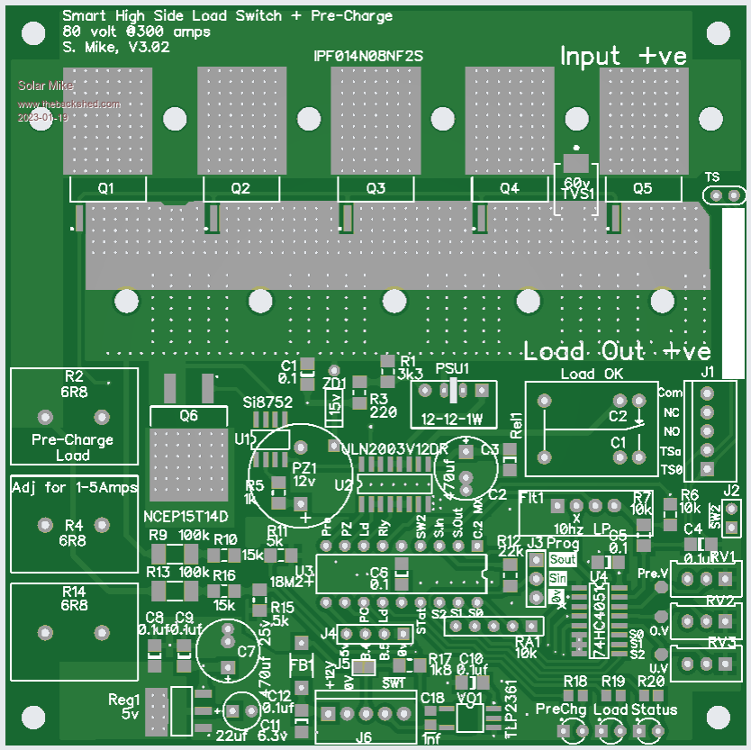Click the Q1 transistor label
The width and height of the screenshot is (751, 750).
pyautogui.click(x=106, y=188)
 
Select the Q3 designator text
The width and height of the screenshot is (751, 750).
pyautogui.click(x=376, y=188)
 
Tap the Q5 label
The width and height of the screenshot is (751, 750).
pyautogui.click(x=642, y=188)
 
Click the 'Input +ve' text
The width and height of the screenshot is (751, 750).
pyautogui.click(x=623, y=56)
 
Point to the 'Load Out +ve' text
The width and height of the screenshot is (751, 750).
pyautogui.click(x=617, y=350)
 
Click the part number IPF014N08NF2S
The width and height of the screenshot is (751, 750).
pyautogui.click(x=368, y=56)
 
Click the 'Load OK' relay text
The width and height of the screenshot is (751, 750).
pyautogui.click(x=592, y=374)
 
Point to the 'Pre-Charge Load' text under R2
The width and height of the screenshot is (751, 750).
pyautogui.click(x=73, y=447)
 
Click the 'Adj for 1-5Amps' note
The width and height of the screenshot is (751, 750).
pyautogui.click(x=75, y=487)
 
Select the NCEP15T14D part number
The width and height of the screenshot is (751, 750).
pyautogui.click(x=186, y=517)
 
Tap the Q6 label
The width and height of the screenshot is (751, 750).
pyautogui.click(x=189, y=416)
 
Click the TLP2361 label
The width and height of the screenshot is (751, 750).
pyautogui.click(x=511, y=710)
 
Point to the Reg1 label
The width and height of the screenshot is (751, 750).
pyautogui.click(x=125, y=699)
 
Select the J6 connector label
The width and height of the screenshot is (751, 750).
pyautogui.click(x=364, y=736)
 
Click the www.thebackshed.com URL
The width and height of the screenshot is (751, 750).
pyautogui.click(x=69, y=104)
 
